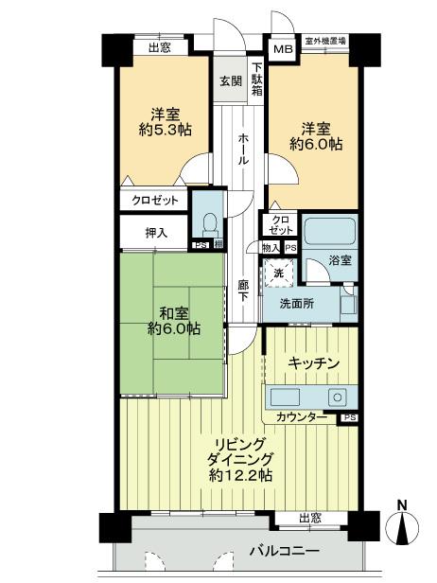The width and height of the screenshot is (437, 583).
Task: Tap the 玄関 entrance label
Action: pyautogui.click(x=232, y=80)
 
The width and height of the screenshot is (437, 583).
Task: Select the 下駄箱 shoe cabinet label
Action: pyautogui.click(x=255, y=79)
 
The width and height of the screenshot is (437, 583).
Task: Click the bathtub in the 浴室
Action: pyautogui.click(x=327, y=232)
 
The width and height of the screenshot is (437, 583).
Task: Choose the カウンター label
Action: pyautogui.click(x=302, y=417)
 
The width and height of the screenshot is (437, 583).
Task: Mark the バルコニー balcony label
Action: pyautogui.click(x=284, y=550)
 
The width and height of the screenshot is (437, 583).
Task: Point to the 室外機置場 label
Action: pyautogui.click(x=323, y=42)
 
